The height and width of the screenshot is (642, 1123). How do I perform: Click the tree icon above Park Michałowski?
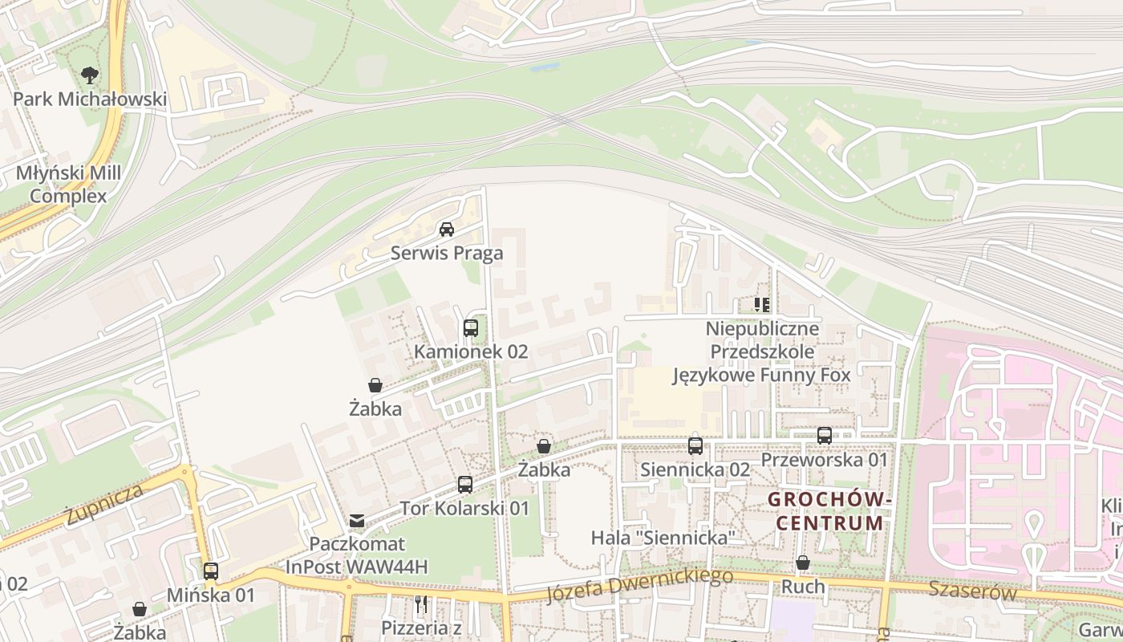pos(90,75)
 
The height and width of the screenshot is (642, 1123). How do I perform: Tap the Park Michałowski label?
pos(90,100)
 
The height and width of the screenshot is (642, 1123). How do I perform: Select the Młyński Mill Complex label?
pos(68,185)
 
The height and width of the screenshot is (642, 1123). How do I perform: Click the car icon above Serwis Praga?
pos(447,230)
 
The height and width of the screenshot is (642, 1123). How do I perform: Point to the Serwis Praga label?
pos(447,254)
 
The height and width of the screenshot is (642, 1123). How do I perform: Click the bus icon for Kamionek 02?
pos(471,327)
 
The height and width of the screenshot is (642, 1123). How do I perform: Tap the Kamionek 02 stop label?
pos(471,351)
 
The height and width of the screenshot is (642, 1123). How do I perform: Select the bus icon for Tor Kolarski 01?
pos(465,484)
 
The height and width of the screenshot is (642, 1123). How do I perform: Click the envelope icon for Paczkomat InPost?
pos(357,522)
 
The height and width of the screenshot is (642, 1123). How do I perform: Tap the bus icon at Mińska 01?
pos(211,571)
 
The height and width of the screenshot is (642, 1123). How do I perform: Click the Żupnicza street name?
pos(105,504)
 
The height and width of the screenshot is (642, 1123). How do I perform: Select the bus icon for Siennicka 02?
pos(695,445)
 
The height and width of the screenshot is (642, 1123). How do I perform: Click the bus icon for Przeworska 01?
pos(825,436)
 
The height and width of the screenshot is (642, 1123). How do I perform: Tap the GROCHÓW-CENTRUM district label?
pos(830,511)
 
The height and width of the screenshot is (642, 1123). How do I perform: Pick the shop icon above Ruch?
pos(803,563)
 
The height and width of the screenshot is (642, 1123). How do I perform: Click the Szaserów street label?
pos(972,592)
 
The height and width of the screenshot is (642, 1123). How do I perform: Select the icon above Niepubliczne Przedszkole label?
pos(762,304)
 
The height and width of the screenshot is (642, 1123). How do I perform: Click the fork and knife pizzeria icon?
pos(421,603)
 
